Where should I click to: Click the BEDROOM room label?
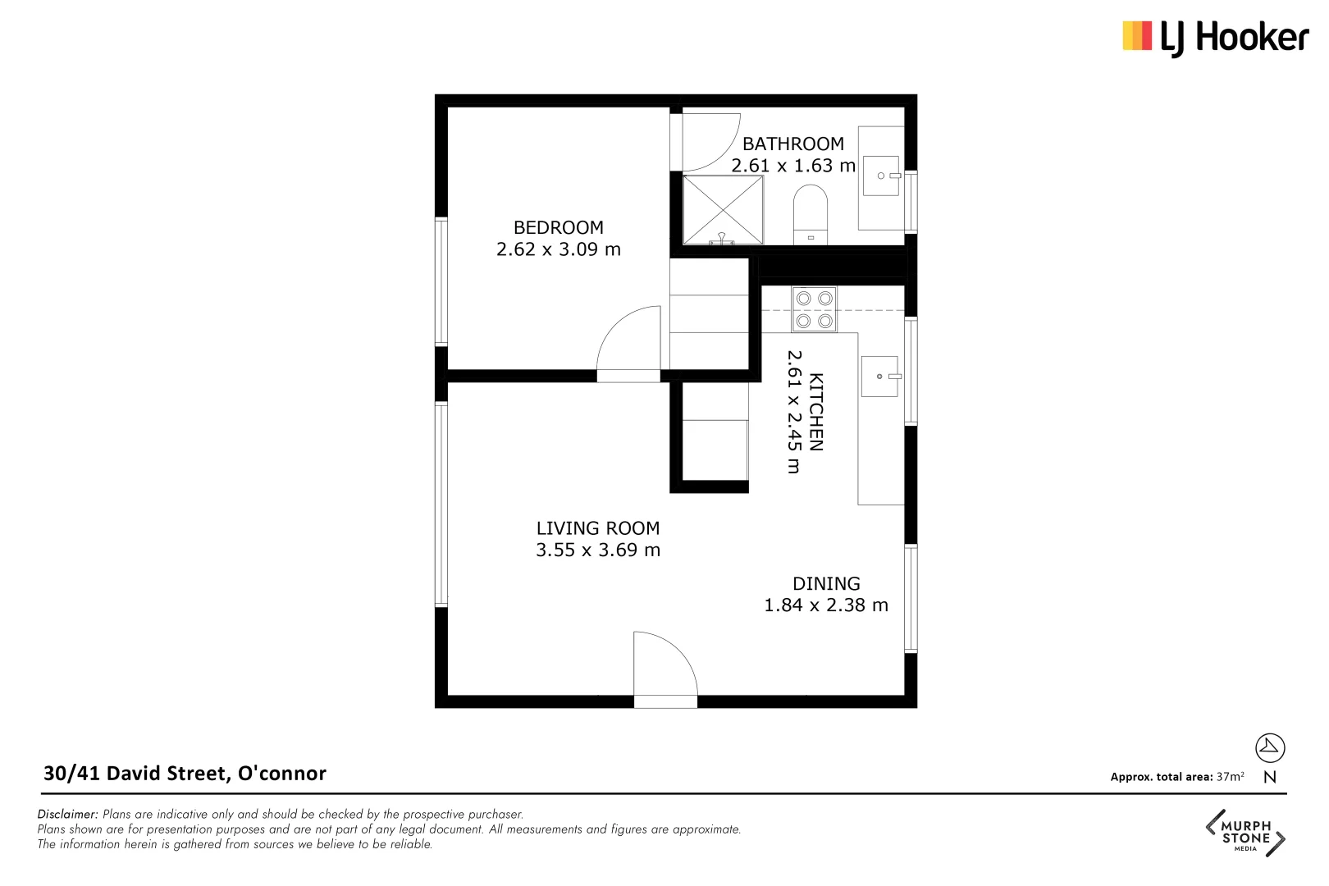tap(558, 227)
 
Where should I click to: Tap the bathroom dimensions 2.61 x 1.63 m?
tap(792, 166)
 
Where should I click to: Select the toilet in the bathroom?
tap(811, 215)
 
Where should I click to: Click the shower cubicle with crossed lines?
tap(723, 209)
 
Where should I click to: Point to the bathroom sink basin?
tap(881, 176)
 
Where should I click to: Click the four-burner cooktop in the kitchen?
tap(814, 309)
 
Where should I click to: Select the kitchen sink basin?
tap(879, 377)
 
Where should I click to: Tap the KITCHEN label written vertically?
tap(815, 412)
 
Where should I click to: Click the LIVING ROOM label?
tap(597, 528)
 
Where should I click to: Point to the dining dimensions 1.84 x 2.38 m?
tap(825, 605)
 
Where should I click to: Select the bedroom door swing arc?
tap(630, 340)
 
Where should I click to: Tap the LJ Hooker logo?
tap(1215, 37)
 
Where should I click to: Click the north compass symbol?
tap(1269, 747)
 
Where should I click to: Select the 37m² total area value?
tap(1230, 777)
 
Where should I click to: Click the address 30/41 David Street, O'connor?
tap(185, 774)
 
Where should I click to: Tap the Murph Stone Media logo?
tap(1245, 833)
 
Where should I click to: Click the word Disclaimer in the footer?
tap(67, 815)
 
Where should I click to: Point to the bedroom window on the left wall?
tap(441, 281)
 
